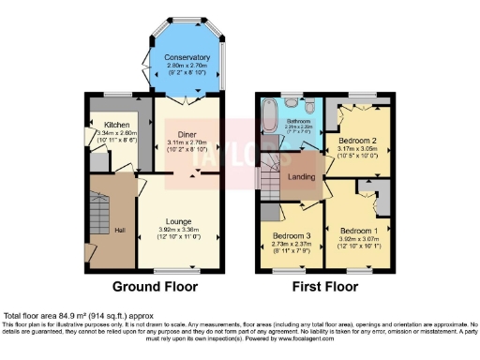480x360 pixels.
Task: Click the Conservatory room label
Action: pyautogui.click(x=187, y=57)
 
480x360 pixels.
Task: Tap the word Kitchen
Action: pyautogui.click(x=116, y=125)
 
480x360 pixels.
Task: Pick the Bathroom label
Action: pyautogui.click(x=298, y=121)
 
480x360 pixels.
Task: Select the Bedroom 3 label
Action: pyautogui.click(x=292, y=234)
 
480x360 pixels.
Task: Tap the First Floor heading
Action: pyautogui.click(x=321, y=286)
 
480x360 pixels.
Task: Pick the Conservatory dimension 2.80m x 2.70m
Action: pyautogui.click(x=187, y=66)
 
